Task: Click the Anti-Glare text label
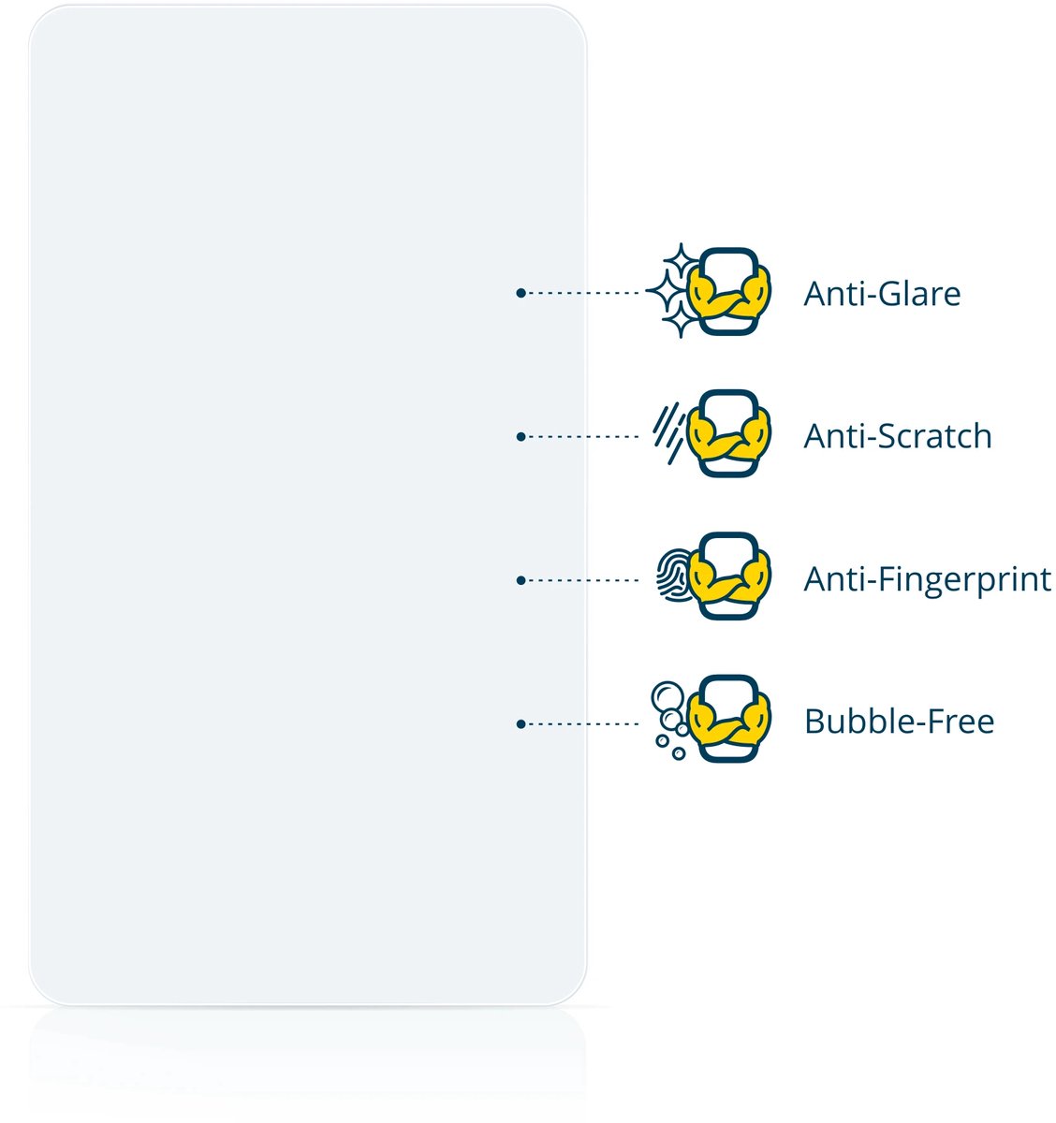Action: click(x=882, y=294)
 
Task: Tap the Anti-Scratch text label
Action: click(x=898, y=436)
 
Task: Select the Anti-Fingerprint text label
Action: click(x=927, y=579)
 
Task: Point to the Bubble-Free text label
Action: click(x=899, y=722)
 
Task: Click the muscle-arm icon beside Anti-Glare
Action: click(x=729, y=292)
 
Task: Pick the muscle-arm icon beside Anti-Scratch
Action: click(x=729, y=435)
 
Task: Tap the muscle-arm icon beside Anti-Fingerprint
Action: click(x=729, y=578)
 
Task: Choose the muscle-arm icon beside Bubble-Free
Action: click(x=729, y=721)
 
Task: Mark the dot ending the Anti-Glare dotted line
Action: click(x=521, y=293)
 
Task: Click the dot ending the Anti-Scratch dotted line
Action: click(x=521, y=436)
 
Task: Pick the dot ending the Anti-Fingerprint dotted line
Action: click(x=521, y=580)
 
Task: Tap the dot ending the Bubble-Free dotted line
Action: click(x=521, y=723)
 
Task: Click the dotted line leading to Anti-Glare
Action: click(x=584, y=293)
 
